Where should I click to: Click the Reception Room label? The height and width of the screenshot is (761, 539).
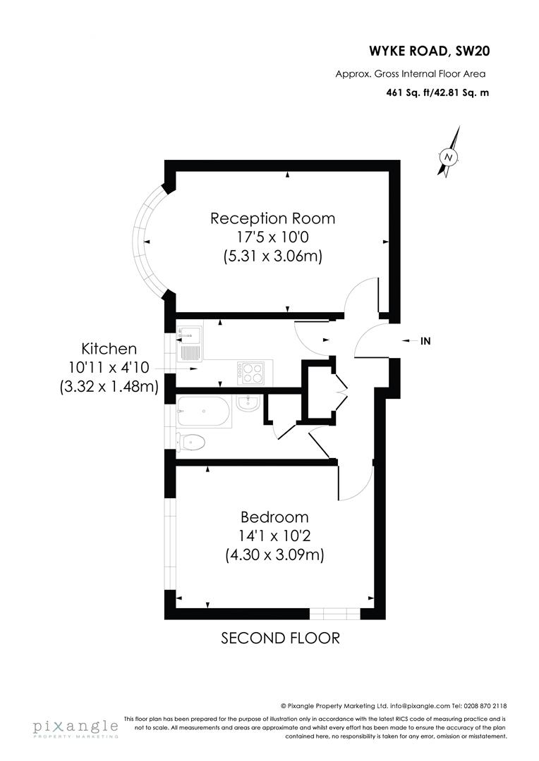pos(272,218)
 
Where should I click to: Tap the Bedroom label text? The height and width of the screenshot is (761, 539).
pos(274,516)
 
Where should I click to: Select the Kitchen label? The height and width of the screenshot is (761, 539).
pos(109,349)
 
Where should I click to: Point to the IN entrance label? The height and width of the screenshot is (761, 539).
pos(425,341)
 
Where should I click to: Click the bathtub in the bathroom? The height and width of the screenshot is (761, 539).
pos(205,412)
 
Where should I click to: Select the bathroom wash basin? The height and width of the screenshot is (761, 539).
pos(249,404)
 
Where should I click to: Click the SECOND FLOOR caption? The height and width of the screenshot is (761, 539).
pos(280,638)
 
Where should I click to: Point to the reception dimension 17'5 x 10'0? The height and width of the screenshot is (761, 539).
pos(272,237)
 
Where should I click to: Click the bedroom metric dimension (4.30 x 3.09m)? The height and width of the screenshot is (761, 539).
pos(274,555)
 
